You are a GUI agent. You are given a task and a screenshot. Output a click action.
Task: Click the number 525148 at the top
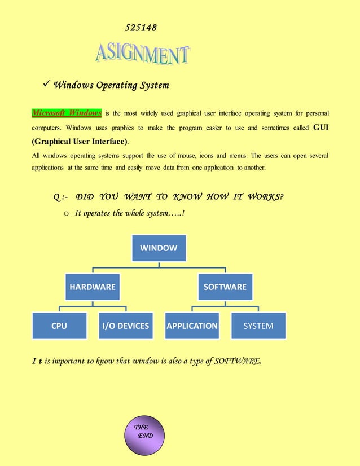pyautogui.click(x=141, y=28)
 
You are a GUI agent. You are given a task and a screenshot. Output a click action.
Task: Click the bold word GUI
pyautogui.click(x=321, y=128)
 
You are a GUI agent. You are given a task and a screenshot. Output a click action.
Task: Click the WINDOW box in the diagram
pyautogui.click(x=159, y=248)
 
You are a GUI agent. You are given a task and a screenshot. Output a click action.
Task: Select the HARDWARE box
pyautogui.click(x=92, y=287)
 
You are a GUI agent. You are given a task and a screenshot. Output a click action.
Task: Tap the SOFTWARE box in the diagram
pyautogui.click(x=225, y=287)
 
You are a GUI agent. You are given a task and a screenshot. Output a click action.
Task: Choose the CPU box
pyautogui.click(x=59, y=326)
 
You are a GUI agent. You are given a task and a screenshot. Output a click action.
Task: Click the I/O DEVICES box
pyautogui.click(x=125, y=326)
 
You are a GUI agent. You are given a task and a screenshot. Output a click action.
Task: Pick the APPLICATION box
pyautogui.click(x=192, y=326)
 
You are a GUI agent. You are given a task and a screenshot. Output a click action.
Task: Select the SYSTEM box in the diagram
pyautogui.click(x=258, y=326)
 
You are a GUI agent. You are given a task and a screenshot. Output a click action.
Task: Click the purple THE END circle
pyautogui.click(x=143, y=436)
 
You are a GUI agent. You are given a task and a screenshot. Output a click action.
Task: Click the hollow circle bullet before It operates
pyautogui.click(x=66, y=213)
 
